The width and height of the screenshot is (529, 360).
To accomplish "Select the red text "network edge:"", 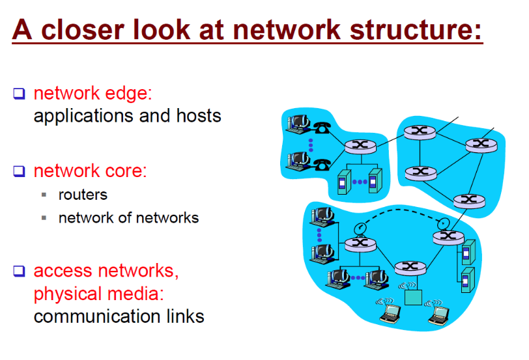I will [x=93, y=93].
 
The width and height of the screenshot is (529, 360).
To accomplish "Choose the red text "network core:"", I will [x=90, y=171].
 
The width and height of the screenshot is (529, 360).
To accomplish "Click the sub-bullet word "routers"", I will [x=83, y=194].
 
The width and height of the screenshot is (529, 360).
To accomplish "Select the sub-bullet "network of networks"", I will [x=128, y=217].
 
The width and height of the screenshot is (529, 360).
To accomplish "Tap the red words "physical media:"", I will [x=98, y=294].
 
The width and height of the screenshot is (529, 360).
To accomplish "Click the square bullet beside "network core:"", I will [x=19, y=171].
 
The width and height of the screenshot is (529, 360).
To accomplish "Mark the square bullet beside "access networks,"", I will [x=19, y=271].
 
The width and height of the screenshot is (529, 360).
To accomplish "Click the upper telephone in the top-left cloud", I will [x=321, y=128].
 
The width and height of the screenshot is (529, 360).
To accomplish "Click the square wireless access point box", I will [x=411, y=296].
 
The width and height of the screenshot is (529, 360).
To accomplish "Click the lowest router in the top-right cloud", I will [x=465, y=200].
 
